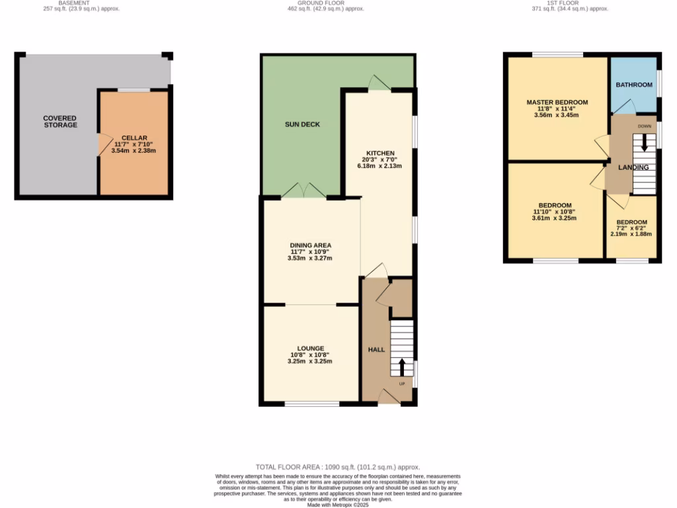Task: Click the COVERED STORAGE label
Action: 60,122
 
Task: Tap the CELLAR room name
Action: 134,137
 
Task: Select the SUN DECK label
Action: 302,124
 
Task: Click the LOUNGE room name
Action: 310,349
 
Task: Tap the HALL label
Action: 376,349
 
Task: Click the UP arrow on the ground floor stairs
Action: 401,366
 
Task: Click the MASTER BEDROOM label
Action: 557,103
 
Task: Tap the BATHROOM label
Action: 634,85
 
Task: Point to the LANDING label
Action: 633,167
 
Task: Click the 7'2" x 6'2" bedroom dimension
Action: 631,228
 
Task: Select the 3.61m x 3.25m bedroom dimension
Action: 555,218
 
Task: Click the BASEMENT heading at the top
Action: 73,3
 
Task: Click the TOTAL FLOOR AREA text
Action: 338,467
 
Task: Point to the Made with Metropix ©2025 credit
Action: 338,505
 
